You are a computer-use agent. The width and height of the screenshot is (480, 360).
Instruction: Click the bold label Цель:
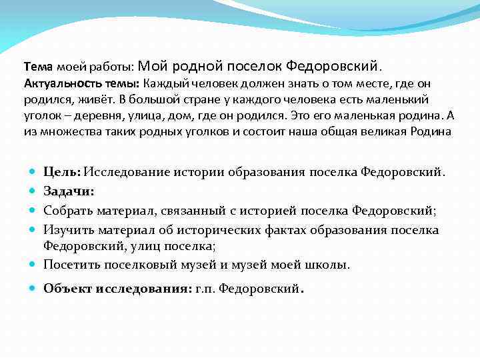[x=62, y=173]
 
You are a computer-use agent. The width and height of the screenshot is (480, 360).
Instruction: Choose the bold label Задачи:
[x=69, y=191]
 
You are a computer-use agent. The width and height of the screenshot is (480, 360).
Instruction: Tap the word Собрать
[x=69, y=211]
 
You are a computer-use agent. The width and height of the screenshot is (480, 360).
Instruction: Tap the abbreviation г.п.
[x=207, y=289]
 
